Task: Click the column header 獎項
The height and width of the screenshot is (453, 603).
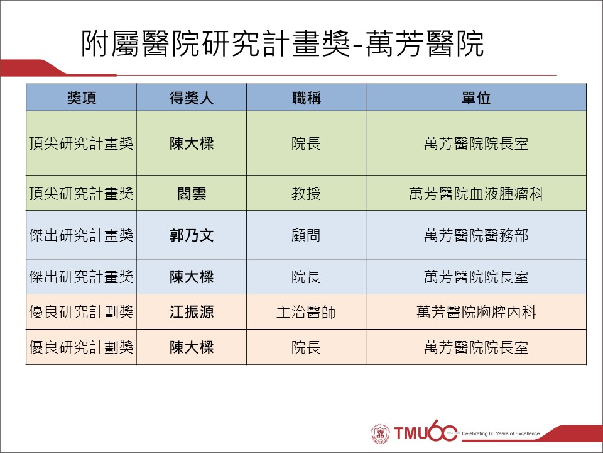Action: tap(81, 98)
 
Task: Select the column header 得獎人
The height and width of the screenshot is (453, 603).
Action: tap(192, 98)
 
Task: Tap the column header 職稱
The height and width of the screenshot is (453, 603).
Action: tap(306, 98)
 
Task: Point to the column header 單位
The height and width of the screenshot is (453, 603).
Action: tap(476, 98)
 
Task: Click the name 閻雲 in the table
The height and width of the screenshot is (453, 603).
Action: tap(192, 193)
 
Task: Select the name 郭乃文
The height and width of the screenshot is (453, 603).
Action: tap(192, 235)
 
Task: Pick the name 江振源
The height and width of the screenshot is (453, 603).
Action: tap(192, 312)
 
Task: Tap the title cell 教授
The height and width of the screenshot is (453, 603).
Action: tap(306, 193)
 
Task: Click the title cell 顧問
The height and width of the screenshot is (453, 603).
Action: tap(306, 235)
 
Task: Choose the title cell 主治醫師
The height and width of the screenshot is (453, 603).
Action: tap(306, 312)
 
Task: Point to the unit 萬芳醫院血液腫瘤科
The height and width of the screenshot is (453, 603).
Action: tap(476, 193)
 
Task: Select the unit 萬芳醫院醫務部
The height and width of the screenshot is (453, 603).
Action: tap(476, 235)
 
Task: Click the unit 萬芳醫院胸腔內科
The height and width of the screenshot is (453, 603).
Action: tap(476, 312)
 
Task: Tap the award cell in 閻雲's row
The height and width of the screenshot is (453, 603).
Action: tap(81, 193)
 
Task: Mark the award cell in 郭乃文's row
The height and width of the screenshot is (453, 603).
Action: tap(81, 235)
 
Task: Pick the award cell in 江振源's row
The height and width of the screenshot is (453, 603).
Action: tap(81, 312)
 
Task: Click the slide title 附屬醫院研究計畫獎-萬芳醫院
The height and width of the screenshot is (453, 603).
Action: tap(282, 43)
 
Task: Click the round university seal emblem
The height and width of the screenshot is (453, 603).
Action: tap(381, 433)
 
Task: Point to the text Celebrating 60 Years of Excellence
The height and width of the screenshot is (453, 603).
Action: tap(501, 433)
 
